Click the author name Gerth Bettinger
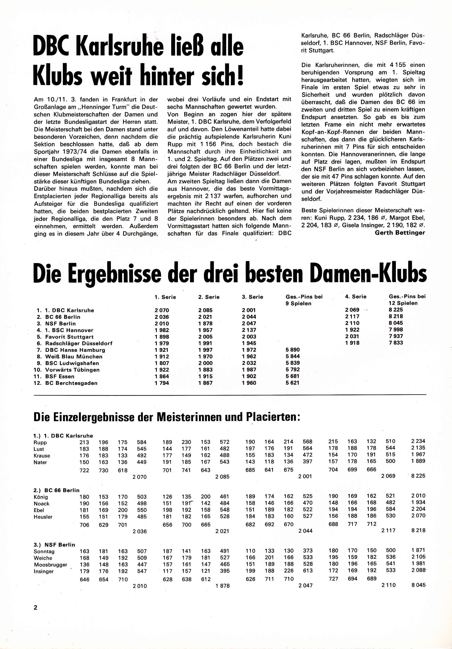click(400, 233)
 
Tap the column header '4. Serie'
click(356, 296)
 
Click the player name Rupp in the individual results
click(40, 443)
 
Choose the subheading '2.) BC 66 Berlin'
click(56, 490)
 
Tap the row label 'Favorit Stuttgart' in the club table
click(69, 337)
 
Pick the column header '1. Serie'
click(165, 297)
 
